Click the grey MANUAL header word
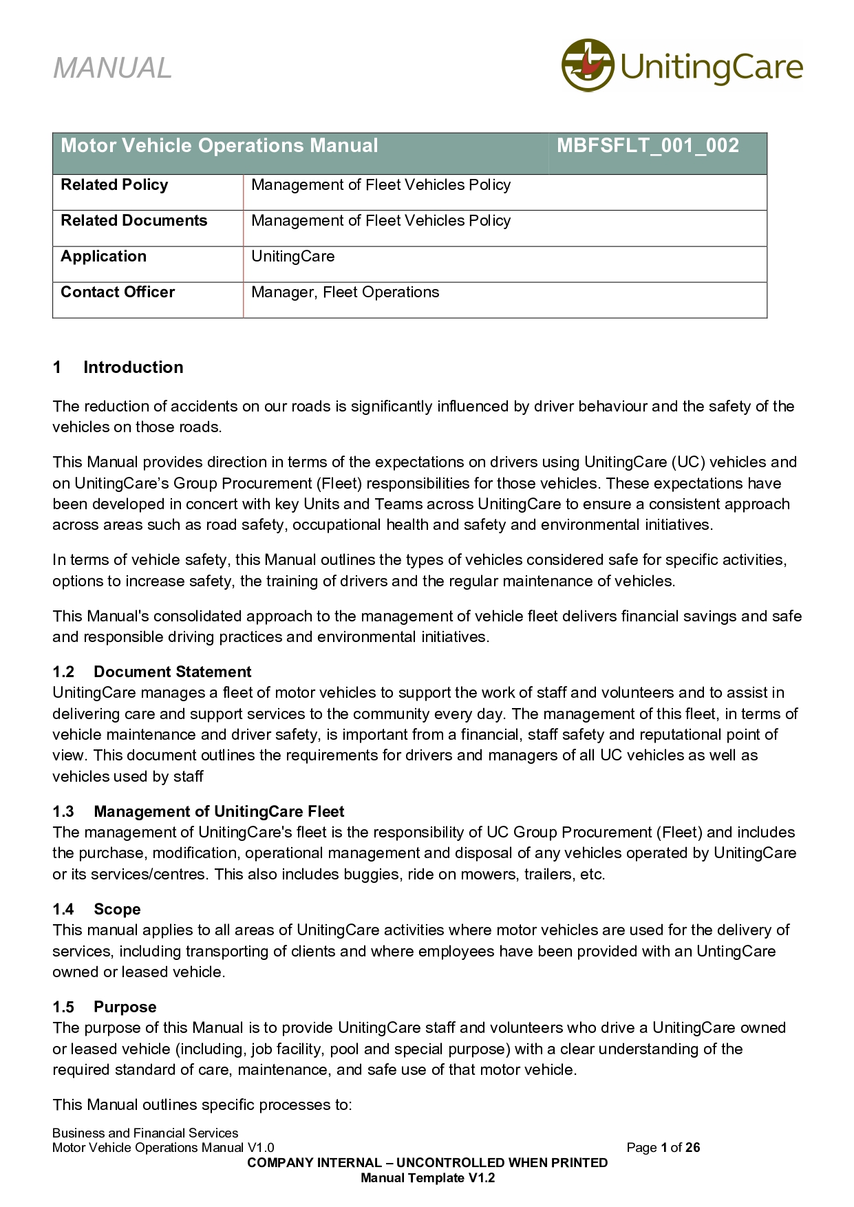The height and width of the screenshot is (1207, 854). [112, 68]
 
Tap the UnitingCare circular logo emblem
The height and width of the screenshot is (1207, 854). [587, 65]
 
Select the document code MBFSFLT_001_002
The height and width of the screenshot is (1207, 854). [648, 146]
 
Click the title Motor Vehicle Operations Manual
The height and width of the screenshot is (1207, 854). [220, 146]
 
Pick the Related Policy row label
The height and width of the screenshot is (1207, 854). [114, 185]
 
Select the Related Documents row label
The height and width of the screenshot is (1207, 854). [134, 221]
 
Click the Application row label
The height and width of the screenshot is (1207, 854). [103, 257]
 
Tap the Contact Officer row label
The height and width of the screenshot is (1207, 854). [118, 292]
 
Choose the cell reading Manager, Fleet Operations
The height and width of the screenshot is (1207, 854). [345, 292]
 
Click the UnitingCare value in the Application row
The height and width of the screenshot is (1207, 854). [292, 257]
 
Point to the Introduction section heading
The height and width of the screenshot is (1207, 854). [133, 367]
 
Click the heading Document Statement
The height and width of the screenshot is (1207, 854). [172, 672]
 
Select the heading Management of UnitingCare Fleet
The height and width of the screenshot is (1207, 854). [219, 812]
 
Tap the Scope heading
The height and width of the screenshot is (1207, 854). [117, 910]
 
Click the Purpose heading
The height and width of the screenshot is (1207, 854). [125, 1007]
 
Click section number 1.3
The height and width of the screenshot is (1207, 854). [63, 812]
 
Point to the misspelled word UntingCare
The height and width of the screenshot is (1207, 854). [736, 952]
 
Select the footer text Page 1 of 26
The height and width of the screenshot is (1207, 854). [663, 1147]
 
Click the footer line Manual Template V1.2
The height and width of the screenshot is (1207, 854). [427, 1177]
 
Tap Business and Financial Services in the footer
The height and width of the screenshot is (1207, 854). [145, 1133]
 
